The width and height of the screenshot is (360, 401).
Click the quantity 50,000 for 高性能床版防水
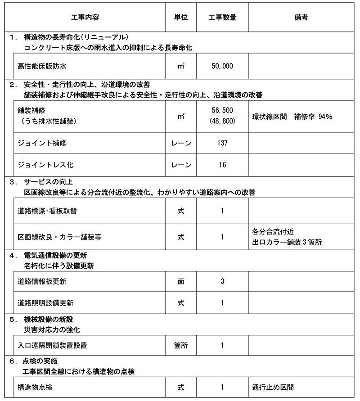[x=222, y=66]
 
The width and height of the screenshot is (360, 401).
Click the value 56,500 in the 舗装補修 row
[x=222, y=110]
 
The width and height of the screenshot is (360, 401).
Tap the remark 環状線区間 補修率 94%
[x=292, y=117]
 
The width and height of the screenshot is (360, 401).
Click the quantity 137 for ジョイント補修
[x=222, y=143]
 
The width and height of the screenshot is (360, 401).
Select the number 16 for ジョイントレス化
[x=222, y=165]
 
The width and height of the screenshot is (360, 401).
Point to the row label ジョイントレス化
[x=45, y=165]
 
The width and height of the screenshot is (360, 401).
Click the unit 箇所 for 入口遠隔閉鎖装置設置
[x=180, y=346]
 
